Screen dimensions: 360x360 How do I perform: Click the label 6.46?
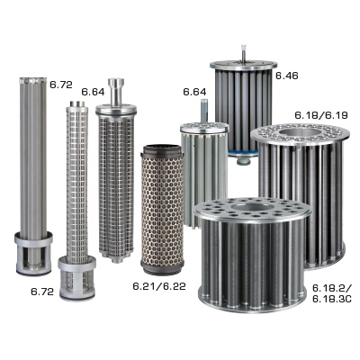click(287, 76)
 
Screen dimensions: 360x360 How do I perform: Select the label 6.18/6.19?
click(321, 115)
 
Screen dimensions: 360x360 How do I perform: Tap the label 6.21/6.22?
click(159, 286)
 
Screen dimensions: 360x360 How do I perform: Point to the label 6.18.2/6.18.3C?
click(331, 293)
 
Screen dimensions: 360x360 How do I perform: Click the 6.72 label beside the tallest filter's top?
click(61, 85)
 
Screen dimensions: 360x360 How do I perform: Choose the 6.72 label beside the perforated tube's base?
click(42, 292)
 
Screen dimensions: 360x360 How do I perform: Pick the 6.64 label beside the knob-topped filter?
click(93, 92)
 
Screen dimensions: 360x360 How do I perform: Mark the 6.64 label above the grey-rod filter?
click(194, 92)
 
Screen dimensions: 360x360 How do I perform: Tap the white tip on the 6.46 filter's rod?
click(243, 49)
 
